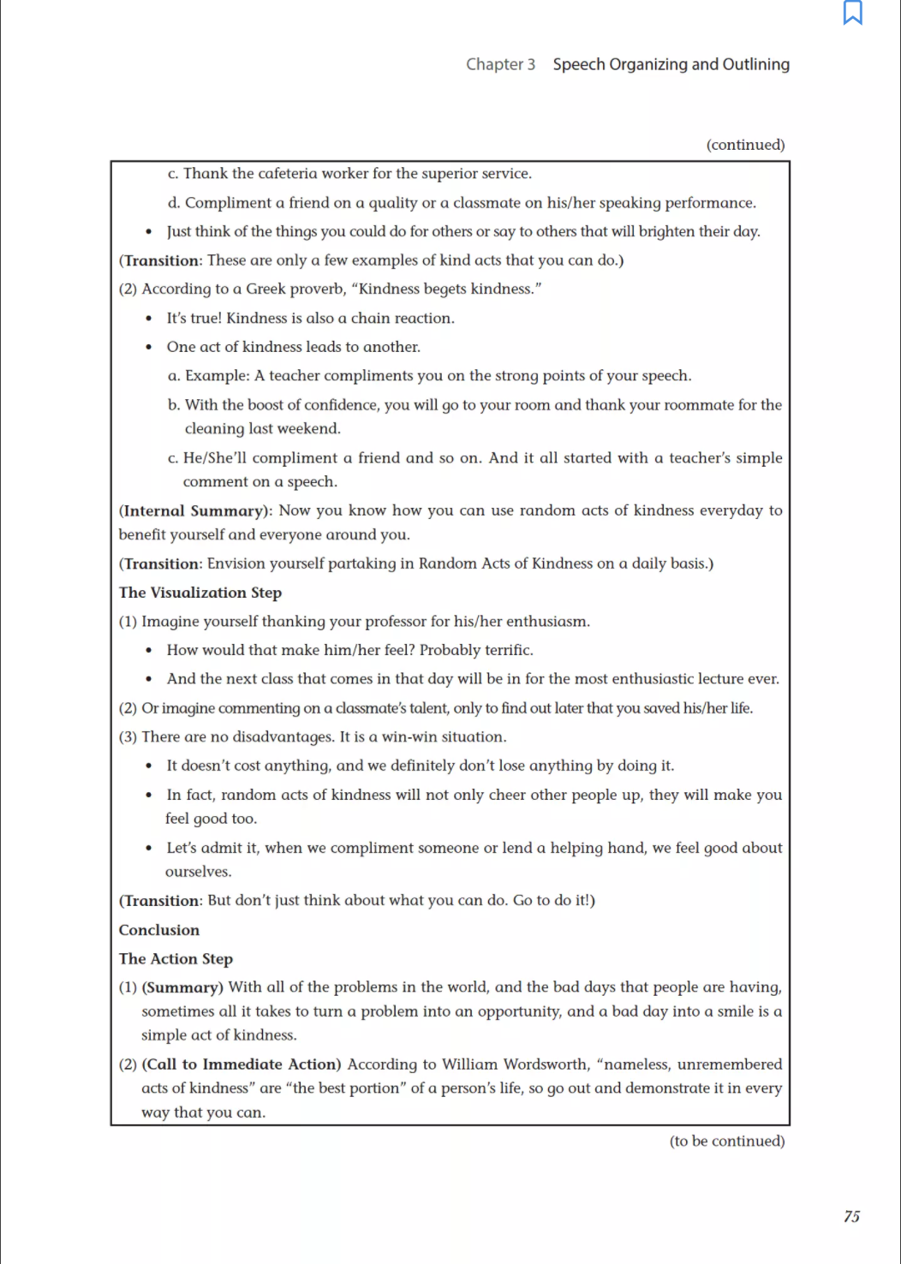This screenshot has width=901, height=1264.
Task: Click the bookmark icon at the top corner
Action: coord(852,13)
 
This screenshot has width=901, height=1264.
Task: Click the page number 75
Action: coord(851,1217)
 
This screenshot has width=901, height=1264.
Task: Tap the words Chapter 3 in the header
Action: coord(500,64)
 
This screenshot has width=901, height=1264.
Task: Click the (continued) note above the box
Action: coord(745,145)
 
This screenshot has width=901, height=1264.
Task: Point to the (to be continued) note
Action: coord(727,1141)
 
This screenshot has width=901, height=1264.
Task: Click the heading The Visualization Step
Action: coord(200,593)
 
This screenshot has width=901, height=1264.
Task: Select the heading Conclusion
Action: coord(159,930)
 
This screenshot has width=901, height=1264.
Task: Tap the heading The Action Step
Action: coord(176,959)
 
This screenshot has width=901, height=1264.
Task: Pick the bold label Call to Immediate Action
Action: coord(242,1064)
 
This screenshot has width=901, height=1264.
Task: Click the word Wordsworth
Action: coord(546,1064)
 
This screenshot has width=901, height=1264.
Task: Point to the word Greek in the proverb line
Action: coord(266,289)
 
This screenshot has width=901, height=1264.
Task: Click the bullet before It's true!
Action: coord(149,319)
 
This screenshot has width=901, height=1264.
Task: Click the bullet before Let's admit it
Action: coord(149,849)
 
